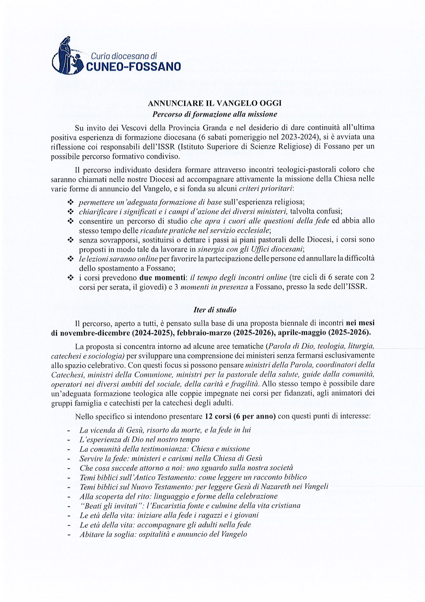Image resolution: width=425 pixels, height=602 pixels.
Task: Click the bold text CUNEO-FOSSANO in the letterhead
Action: point(133,66)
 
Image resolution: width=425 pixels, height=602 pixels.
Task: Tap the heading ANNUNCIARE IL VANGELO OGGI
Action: point(215,103)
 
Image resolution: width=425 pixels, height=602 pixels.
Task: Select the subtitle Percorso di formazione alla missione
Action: point(215,114)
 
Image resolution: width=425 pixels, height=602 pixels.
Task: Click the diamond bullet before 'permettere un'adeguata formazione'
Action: point(70,202)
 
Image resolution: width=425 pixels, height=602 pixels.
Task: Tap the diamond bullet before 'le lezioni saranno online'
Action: point(70,259)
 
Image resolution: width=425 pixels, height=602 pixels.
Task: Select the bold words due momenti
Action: point(162,277)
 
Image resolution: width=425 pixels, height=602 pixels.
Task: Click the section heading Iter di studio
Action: point(215,310)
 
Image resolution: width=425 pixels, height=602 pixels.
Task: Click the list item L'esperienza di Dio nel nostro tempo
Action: point(140,439)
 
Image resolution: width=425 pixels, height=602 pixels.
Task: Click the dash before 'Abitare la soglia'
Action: point(68,534)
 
